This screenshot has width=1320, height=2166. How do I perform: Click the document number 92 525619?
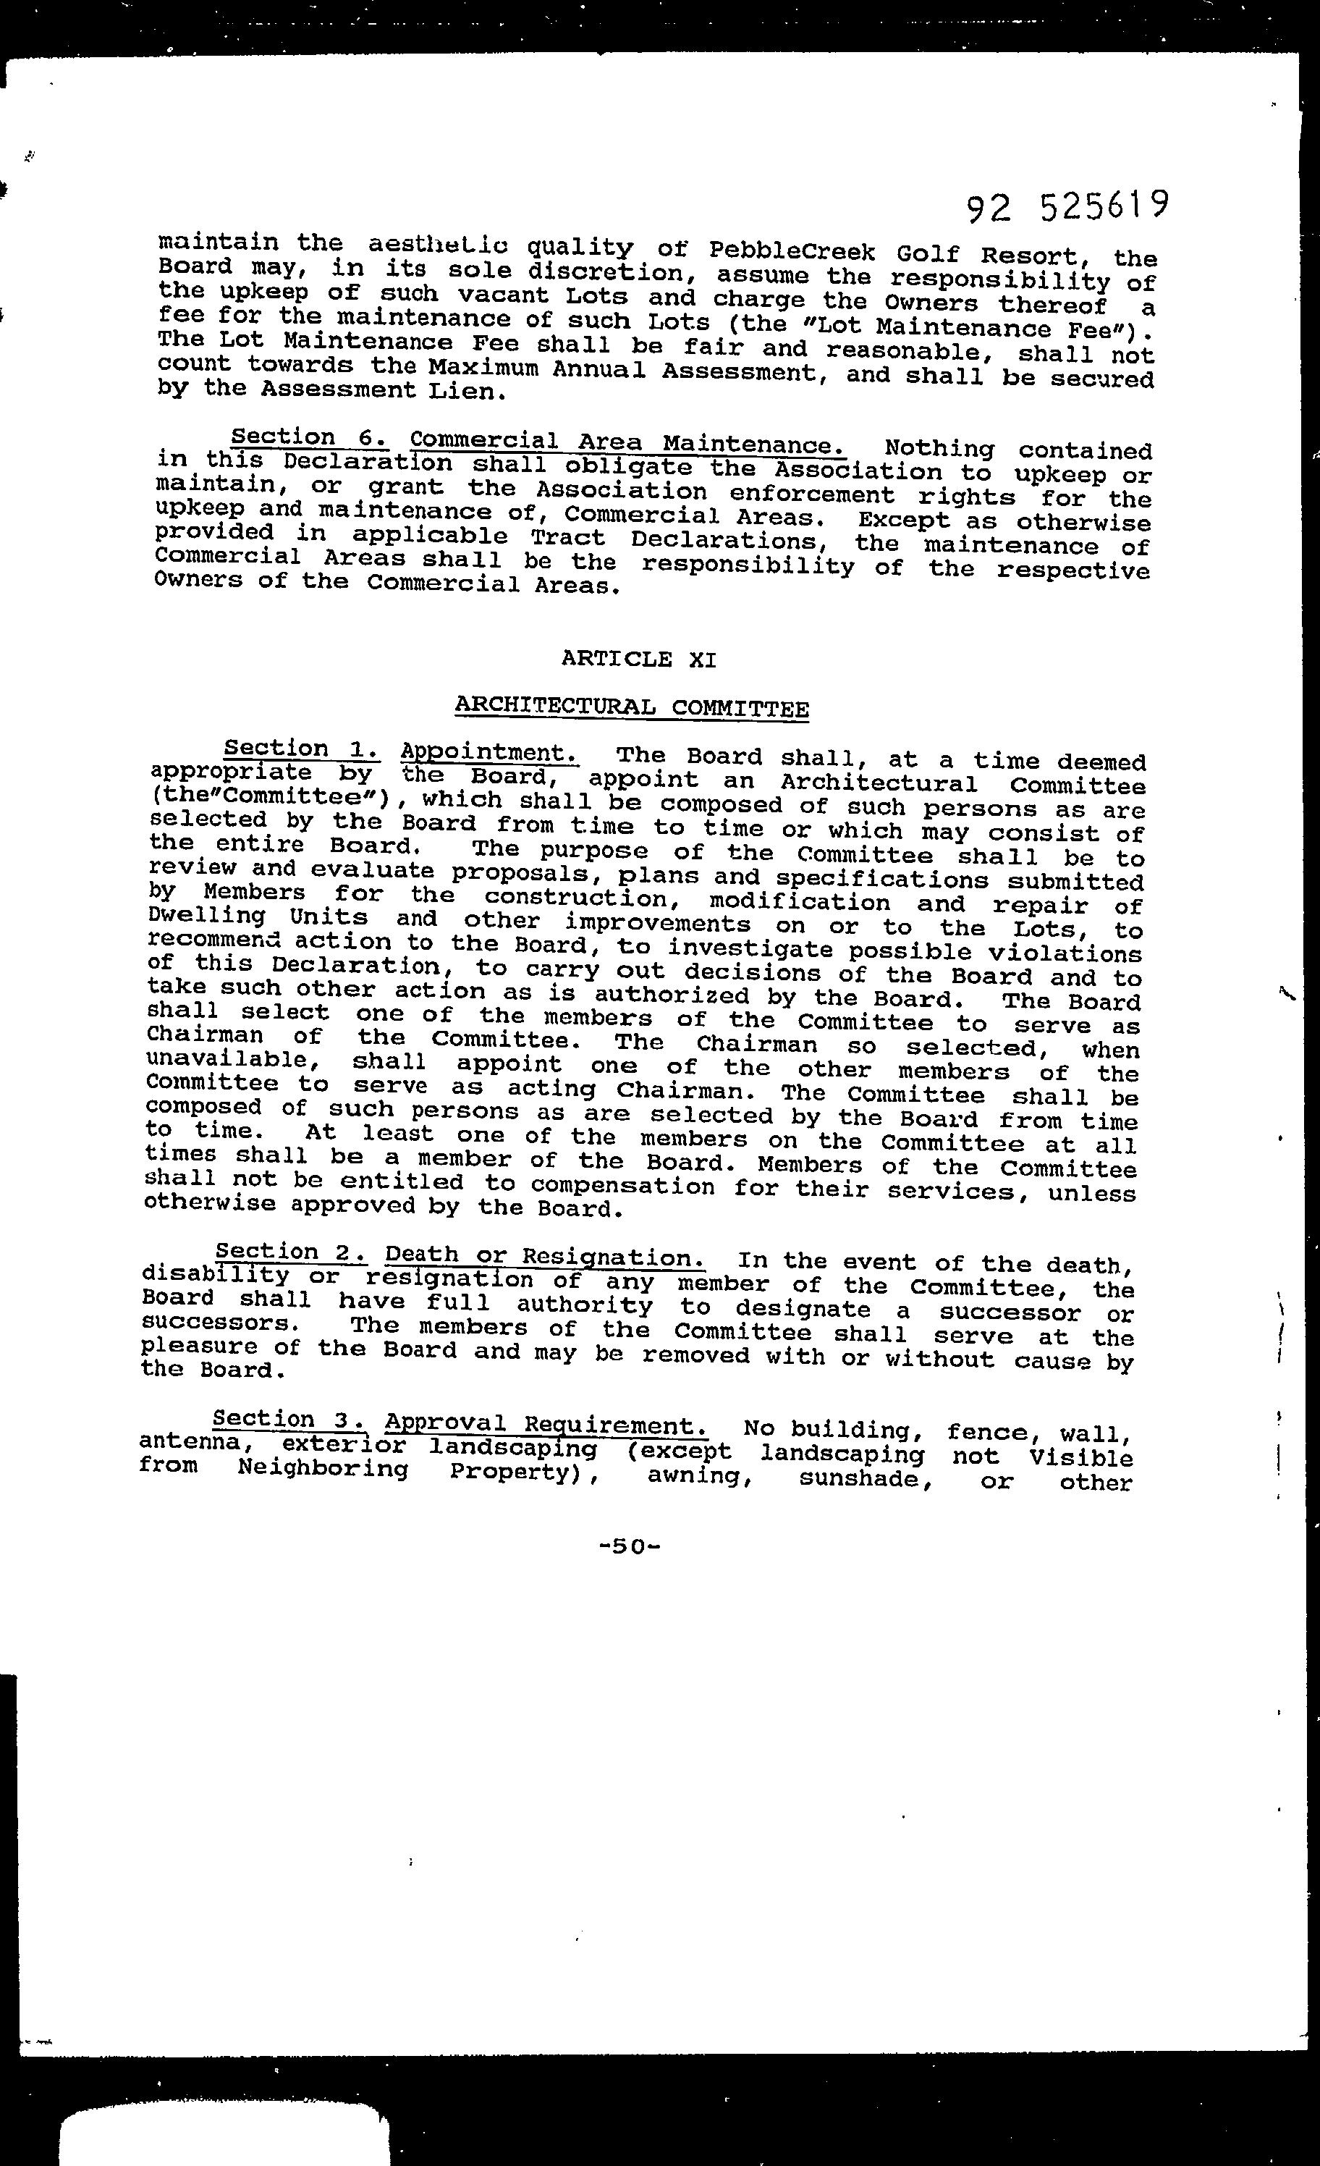1067,208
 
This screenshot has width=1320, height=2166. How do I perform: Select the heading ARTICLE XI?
638,659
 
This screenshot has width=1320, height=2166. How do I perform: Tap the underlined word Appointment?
488,752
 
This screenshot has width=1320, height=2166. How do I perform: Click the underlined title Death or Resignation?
544,1257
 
